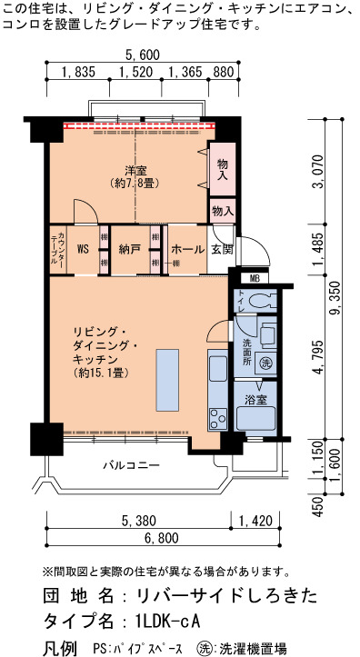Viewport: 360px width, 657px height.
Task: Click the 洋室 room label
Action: [135, 171]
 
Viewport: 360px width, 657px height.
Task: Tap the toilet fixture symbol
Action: [262, 300]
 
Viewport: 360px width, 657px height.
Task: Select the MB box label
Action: [255, 278]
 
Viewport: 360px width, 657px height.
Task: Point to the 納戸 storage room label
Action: [129, 250]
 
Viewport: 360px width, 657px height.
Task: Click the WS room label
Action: [83, 250]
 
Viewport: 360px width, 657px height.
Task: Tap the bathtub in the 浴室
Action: [255, 418]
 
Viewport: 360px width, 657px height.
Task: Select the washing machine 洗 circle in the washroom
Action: [265, 363]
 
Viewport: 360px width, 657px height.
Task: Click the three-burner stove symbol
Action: [217, 419]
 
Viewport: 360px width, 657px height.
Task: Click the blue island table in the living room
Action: [167, 380]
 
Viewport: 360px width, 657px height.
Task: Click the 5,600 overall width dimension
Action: [143, 55]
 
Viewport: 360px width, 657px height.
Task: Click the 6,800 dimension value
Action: [161, 537]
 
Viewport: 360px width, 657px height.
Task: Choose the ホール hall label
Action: [188, 250]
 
